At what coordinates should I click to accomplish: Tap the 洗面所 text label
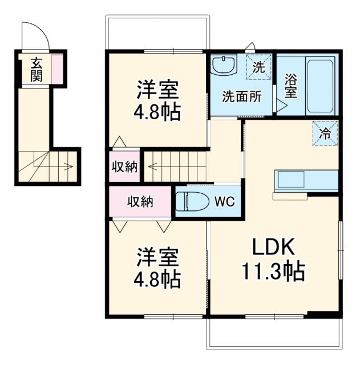(242, 96)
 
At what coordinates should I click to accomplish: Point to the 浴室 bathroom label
(291, 86)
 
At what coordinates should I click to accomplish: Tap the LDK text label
(273, 247)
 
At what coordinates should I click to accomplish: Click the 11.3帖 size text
(273, 271)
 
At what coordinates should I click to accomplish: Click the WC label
(224, 201)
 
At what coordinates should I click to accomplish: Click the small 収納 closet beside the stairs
(124, 167)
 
